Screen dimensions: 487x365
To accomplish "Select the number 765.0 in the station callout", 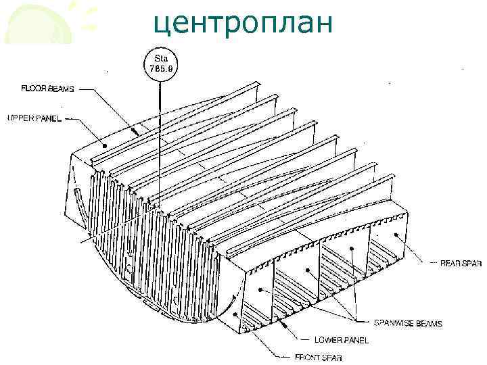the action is tap(160, 68).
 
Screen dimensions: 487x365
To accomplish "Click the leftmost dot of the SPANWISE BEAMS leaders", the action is tap(260, 289).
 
